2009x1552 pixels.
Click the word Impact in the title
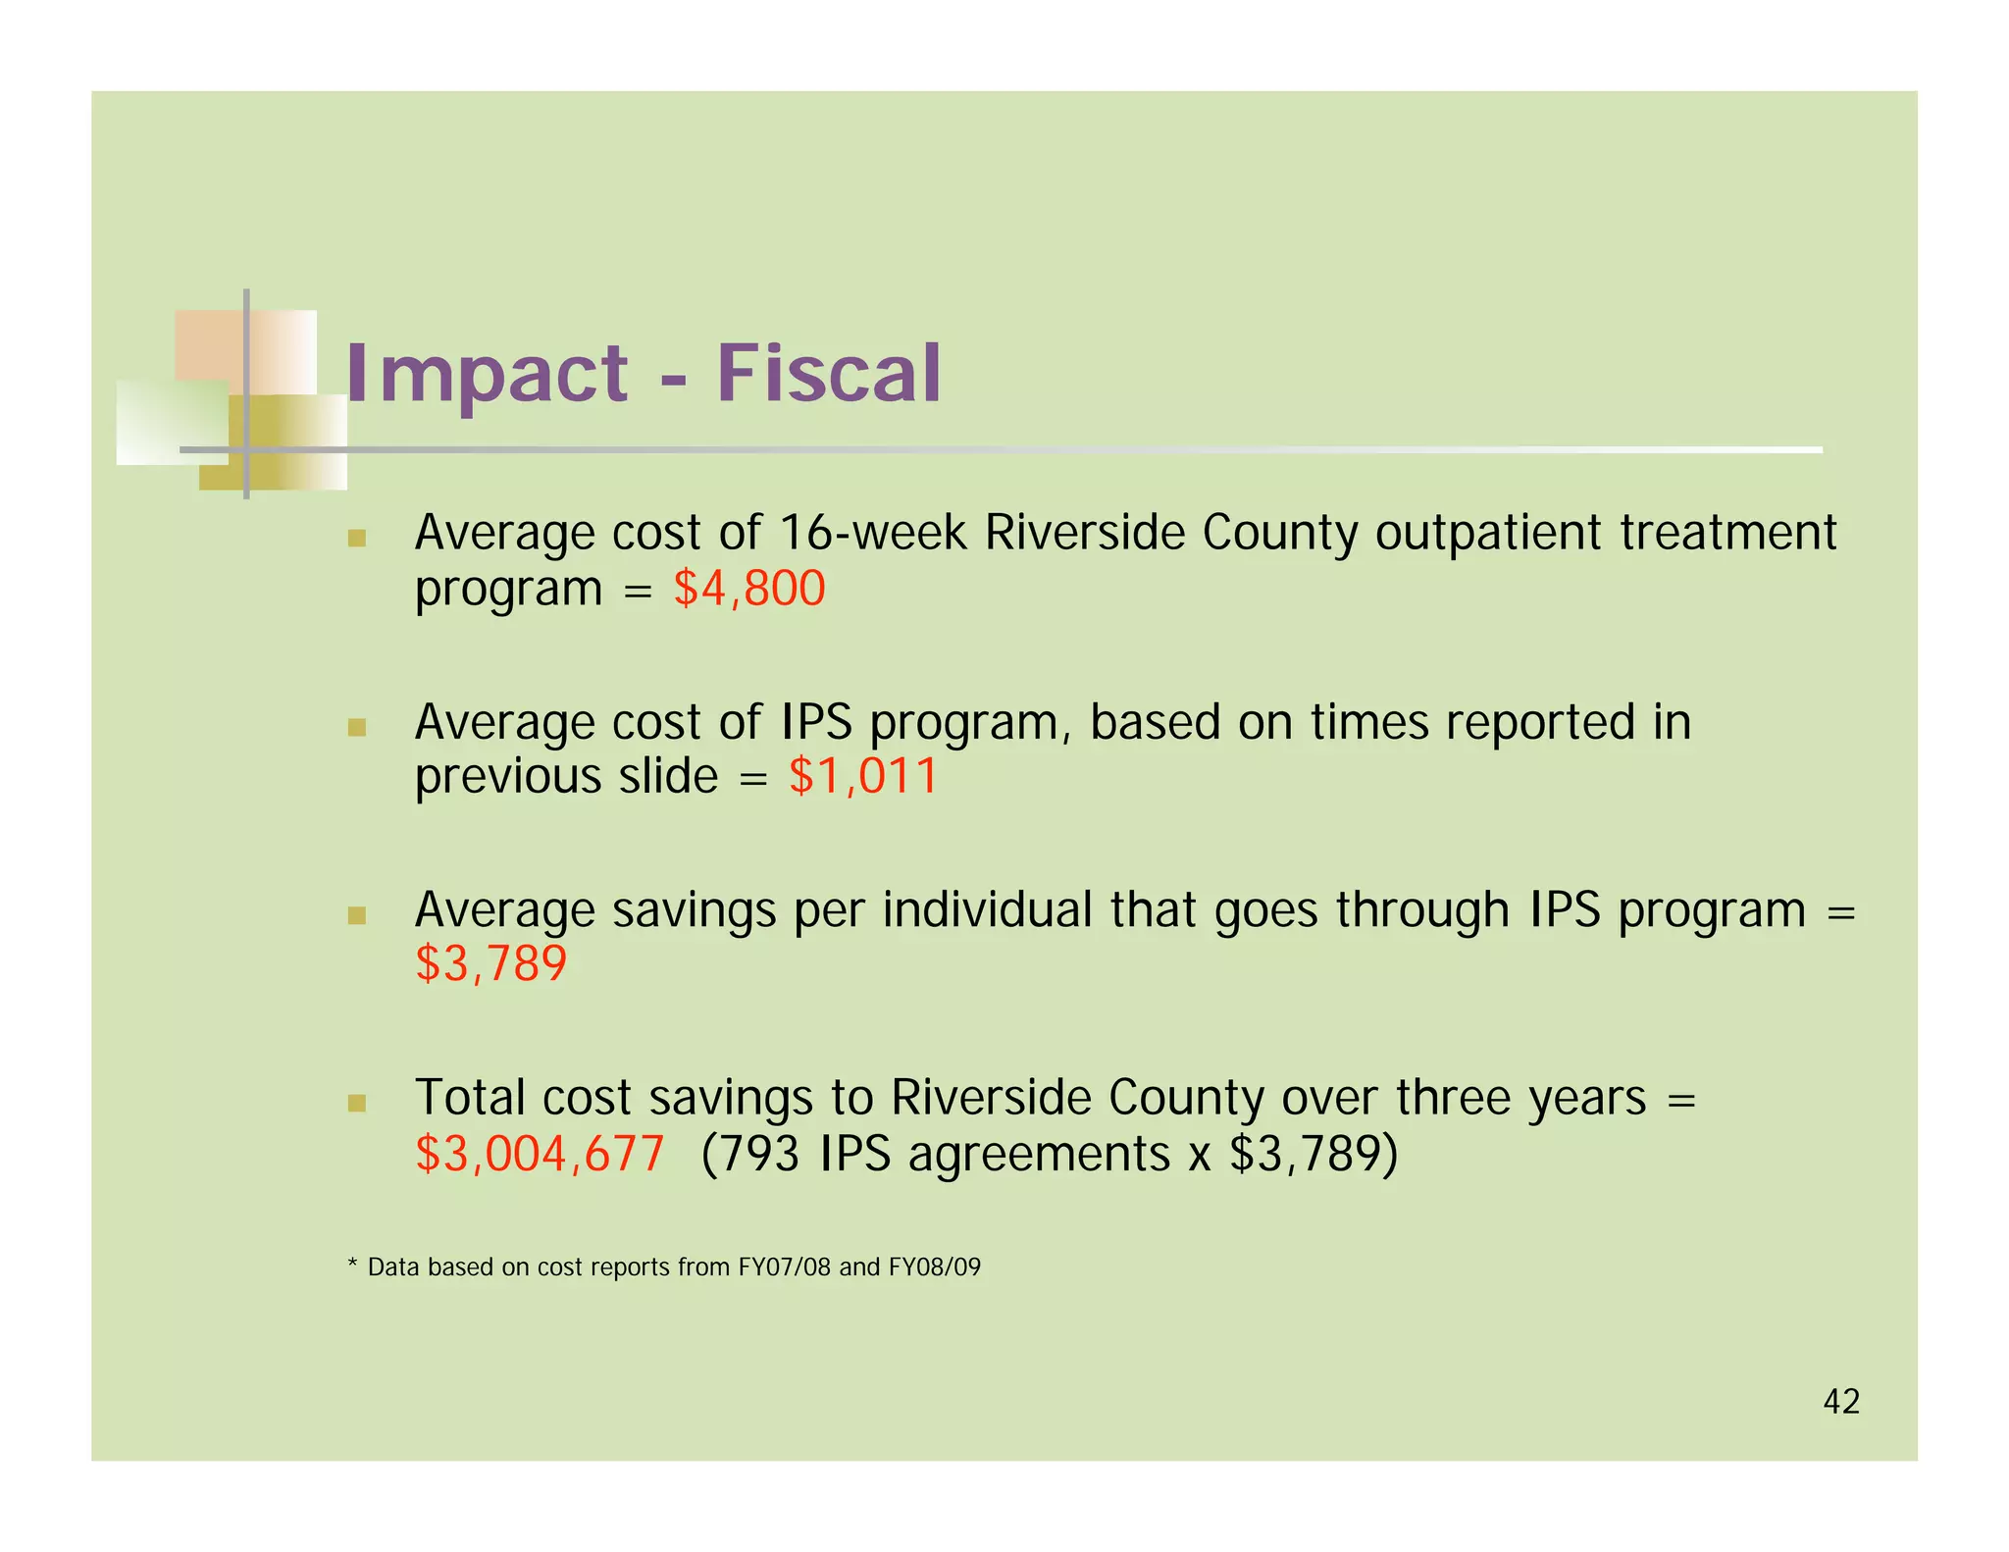point(487,375)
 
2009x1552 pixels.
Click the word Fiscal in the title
point(829,375)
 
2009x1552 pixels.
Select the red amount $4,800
point(749,589)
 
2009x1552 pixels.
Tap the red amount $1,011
point(863,776)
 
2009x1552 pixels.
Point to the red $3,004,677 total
point(540,1154)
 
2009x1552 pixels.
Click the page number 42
point(1841,1402)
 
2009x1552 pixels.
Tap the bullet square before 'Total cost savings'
point(356,1104)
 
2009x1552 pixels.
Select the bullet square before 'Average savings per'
point(356,916)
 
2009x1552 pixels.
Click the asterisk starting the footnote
point(352,1266)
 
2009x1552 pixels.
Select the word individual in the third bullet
point(987,909)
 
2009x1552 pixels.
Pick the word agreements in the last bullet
point(1039,1155)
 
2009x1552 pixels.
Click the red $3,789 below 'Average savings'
point(490,964)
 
